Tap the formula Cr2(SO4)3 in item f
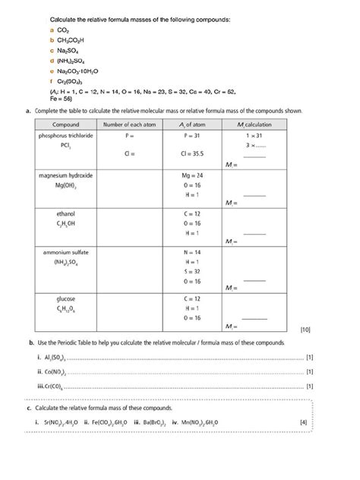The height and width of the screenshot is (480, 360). (71, 81)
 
